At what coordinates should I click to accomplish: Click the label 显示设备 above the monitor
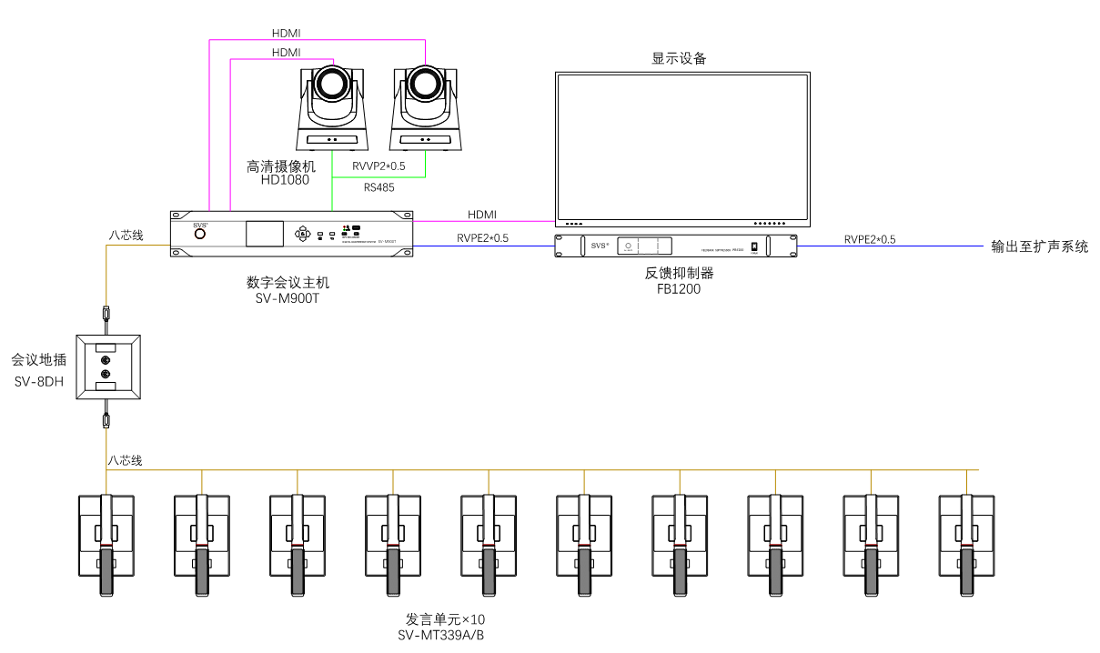679,58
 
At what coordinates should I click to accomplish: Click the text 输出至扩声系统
1039,246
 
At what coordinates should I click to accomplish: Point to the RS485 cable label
378,187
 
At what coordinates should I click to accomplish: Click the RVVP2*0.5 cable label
378,166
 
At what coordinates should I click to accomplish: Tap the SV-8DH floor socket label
39,380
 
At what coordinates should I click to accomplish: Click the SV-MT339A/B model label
441,635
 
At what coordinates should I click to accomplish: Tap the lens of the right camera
423,83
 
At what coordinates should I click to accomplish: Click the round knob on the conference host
199,234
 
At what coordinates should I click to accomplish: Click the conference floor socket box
107,367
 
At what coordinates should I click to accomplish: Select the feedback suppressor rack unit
676,246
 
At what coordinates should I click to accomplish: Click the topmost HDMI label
287,34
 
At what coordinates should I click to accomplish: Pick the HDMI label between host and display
482,215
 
